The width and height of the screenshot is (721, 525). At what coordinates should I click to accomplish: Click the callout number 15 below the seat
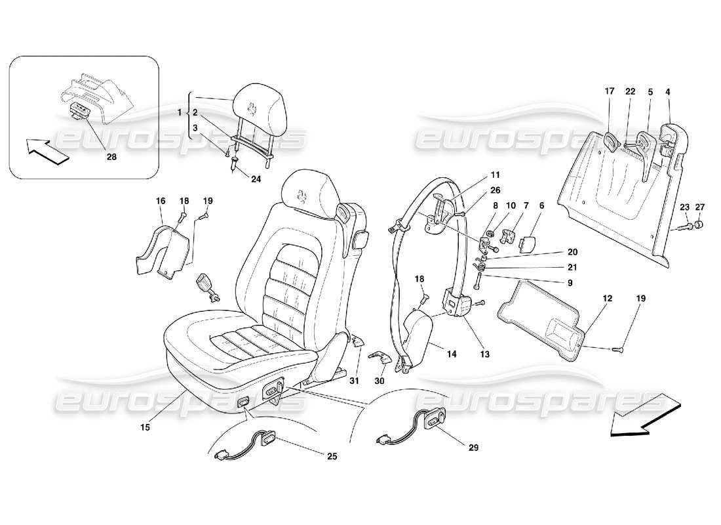145,427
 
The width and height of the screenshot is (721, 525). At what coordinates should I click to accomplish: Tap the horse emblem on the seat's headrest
303,194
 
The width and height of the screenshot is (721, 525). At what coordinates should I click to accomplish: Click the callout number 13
484,354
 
